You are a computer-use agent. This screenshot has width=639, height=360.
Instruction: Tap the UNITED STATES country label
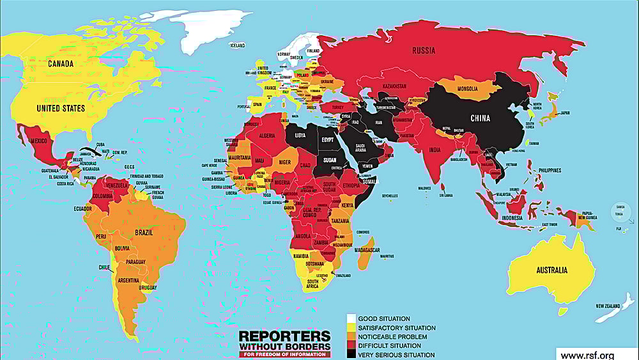61,108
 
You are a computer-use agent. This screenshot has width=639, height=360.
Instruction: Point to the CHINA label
480,118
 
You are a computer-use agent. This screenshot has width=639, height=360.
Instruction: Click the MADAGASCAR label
369,249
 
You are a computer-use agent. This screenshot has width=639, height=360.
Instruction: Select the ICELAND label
237,46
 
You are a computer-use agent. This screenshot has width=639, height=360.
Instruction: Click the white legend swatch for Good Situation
351,318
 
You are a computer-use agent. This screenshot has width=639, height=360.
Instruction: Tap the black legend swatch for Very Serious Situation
351,355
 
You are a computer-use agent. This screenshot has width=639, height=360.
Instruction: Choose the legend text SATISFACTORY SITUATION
396,327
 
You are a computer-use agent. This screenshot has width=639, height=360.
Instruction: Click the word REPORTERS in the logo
284,336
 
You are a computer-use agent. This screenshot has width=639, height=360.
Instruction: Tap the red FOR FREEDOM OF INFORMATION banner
284,354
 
